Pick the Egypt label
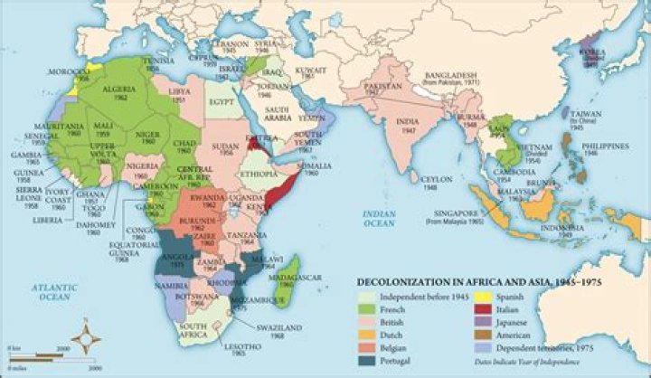220,101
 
